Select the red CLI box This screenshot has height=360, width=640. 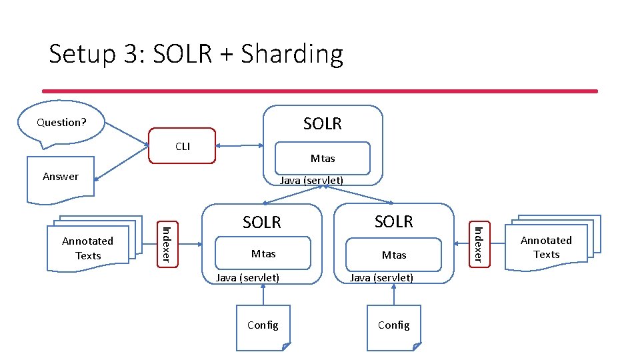click(x=183, y=145)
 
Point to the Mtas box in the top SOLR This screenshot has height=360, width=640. click(x=323, y=158)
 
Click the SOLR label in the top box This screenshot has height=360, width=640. click(x=323, y=123)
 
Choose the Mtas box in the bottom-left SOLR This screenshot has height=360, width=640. click(x=263, y=253)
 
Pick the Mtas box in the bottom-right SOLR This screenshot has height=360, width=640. click(x=394, y=254)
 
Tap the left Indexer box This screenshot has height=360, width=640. click(x=168, y=243)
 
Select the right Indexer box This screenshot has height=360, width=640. click(x=477, y=243)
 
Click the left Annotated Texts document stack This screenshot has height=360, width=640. click(x=88, y=248)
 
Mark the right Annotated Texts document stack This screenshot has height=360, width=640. click(x=547, y=247)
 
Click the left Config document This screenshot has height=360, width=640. click(x=263, y=327)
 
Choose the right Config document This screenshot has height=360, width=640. click(x=394, y=327)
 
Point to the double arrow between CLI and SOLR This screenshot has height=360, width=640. click(x=239, y=145)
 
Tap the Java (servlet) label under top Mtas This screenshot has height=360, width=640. click(x=311, y=180)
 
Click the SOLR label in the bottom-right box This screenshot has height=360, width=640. click(x=394, y=221)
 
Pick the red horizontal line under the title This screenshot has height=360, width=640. click(x=320, y=91)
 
